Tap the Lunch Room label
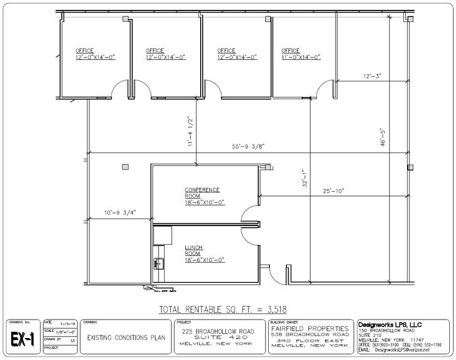click(198, 255)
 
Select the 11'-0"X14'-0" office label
click(301, 54)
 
